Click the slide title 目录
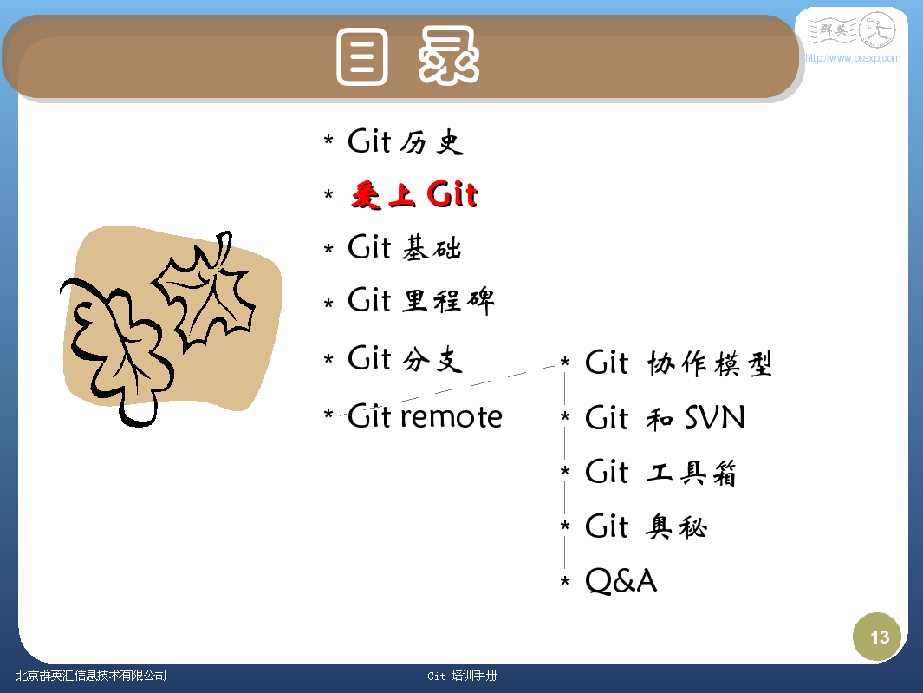408,56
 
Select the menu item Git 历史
406,141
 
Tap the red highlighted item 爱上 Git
414,194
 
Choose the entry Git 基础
405,247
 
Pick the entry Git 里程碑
421,301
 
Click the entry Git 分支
405,358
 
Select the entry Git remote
425,416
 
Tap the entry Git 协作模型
678,363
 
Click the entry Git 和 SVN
666,417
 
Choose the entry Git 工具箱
660,472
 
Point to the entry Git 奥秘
646,526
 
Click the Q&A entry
621,580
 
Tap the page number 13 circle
877,637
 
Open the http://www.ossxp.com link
852,58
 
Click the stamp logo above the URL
852,29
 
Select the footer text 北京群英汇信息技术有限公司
91,676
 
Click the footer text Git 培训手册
462,676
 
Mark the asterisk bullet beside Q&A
565,582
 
